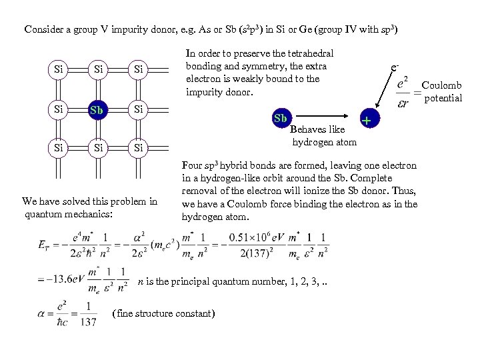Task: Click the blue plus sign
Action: click(367, 120)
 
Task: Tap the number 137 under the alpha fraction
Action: click(88, 322)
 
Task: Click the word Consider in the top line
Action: click(43, 29)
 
